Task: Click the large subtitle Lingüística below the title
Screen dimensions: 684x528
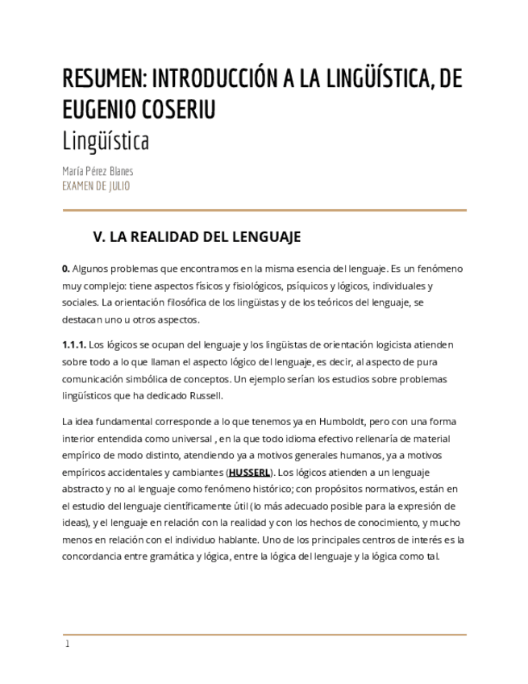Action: click(x=106, y=141)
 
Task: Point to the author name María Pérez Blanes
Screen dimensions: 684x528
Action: click(x=98, y=171)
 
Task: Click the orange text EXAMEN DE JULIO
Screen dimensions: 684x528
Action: click(x=96, y=186)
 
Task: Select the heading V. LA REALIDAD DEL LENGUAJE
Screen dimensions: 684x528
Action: click(x=197, y=237)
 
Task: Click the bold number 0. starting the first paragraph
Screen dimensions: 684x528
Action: click(x=66, y=269)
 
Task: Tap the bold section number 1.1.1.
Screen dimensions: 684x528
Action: click(x=73, y=345)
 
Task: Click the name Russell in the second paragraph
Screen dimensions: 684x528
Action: click(x=204, y=396)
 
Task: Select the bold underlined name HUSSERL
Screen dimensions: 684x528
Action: click(x=250, y=473)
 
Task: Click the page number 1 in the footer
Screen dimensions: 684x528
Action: click(x=68, y=644)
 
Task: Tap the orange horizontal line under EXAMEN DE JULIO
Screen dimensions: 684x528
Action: click(x=264, y=211)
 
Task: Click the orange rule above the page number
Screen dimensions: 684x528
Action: click(x=264, y=635)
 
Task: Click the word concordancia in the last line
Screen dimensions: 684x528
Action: click(x=94, y=557)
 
